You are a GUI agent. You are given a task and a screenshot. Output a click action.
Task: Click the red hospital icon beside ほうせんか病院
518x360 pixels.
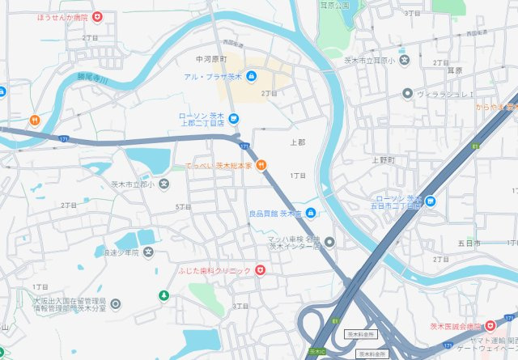(97, 16)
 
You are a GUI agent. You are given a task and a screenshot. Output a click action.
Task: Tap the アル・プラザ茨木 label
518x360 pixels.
(213, 77)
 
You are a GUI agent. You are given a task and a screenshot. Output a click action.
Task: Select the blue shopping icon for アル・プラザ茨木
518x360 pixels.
(251, 77)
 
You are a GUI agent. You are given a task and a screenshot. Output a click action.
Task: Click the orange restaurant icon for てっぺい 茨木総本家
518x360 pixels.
(261, 166)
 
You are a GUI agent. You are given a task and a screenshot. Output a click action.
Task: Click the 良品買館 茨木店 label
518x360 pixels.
(274, 214)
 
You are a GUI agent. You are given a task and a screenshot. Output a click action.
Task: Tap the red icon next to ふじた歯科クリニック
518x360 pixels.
(260, 270)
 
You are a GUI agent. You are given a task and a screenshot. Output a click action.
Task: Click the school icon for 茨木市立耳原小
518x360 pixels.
(405, 60)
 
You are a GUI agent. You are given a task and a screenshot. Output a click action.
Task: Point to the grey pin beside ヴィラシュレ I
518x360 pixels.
(408, 94)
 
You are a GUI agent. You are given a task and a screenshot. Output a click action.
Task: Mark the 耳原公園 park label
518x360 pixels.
(333, 5)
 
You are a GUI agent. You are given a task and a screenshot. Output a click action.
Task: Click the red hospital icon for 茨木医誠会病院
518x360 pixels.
(490, 325)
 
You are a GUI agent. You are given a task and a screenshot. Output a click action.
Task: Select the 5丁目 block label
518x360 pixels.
(183, 207)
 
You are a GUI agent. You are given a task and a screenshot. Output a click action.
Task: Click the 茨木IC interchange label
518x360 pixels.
(316, 351)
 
